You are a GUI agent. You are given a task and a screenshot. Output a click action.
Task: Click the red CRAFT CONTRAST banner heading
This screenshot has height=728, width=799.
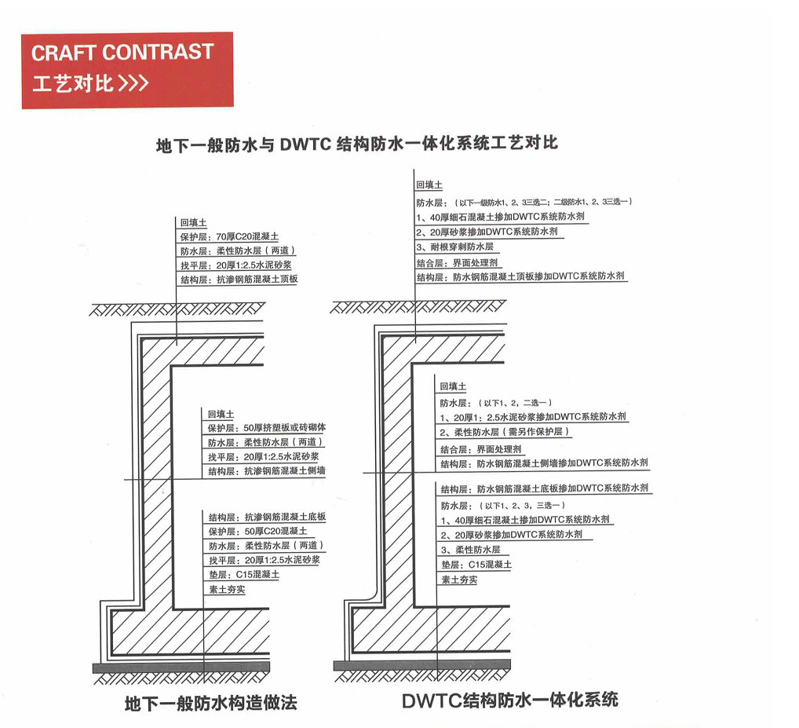click(x=122, y=53)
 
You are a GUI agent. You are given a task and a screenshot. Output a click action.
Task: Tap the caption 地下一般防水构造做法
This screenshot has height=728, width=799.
click(x=211, y=703)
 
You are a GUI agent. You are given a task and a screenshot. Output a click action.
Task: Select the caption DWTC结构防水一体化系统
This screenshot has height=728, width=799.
click(x=509, y=700)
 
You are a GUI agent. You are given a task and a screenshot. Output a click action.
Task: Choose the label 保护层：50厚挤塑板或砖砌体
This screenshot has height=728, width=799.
click(x=266, y=428)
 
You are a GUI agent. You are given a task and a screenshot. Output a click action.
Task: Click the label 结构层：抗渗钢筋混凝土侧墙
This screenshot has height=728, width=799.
click(x=266, y=471)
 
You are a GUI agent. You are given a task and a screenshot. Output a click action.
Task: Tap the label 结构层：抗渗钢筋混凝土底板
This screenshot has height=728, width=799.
click(x=267, y=517)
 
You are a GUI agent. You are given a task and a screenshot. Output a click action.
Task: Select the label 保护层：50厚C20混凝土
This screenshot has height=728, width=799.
click(x=252, y=532)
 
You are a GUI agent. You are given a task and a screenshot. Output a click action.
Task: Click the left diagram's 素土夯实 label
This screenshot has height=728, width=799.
click(x=227, y=589)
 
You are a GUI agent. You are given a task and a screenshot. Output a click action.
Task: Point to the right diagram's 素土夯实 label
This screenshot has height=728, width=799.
click(x=459, y=580)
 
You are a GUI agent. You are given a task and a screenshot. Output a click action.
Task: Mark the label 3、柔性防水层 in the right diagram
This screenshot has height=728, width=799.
click(x=470, y=550)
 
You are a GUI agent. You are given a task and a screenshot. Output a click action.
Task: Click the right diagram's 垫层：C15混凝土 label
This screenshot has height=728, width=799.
click(x=476, y=565)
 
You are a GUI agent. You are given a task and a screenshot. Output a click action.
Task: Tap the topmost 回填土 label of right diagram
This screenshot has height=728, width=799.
click(x=429, y=185)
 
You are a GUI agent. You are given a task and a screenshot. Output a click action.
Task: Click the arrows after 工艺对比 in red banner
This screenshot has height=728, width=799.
click(x=133, y=83)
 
